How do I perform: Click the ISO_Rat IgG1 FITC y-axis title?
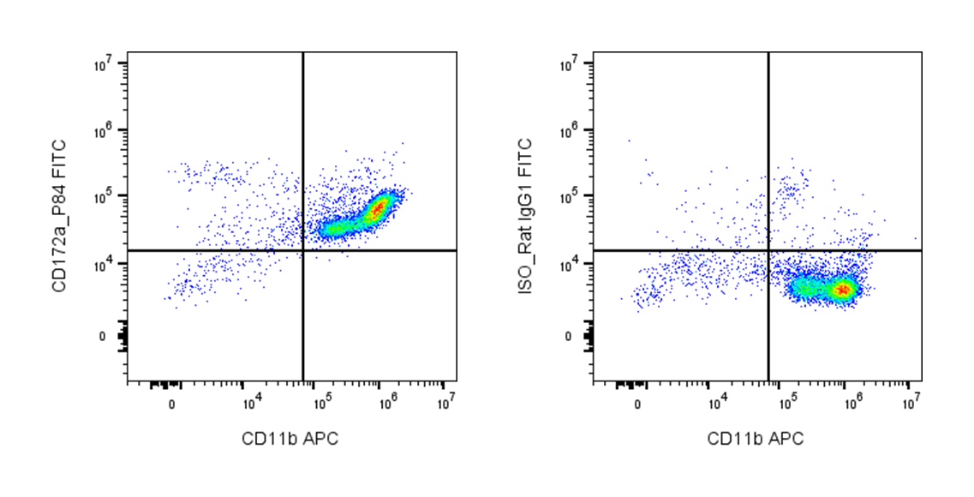click(x=525, y=218)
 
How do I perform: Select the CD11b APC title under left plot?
click(x=290, y=440)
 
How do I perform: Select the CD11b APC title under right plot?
click(x=756, y=440)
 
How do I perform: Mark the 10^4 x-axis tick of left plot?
click(x=251, y=400)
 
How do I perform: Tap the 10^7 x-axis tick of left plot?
click(x=445, y=400)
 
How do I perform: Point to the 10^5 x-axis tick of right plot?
click(x=788, y=400)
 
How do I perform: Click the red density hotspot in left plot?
click(x=378, y=207)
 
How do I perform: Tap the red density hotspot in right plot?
click(x=844, y=290)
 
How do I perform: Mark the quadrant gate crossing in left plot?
click(x=303, y=250)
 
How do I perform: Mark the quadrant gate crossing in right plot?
click(x=768, y=250)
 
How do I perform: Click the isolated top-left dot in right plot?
click(x=628, y=141)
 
